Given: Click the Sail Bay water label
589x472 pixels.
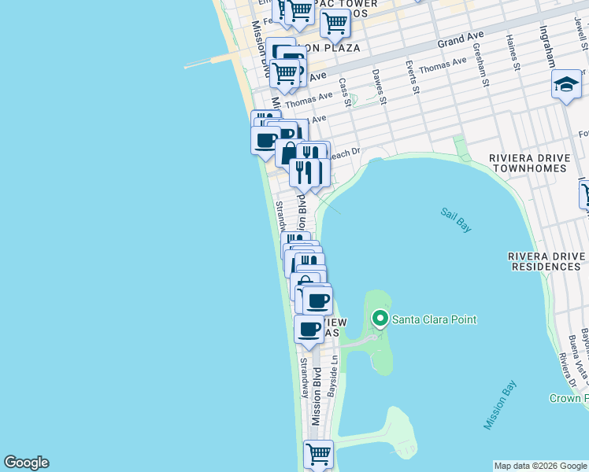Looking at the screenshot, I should click(x=456, y=220).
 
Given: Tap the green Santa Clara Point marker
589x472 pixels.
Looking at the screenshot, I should click(x=380, y=319).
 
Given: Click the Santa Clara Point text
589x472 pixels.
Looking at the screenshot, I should click(x=435, y=319).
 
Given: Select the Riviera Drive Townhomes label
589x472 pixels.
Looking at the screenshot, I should click(x=528, y=163).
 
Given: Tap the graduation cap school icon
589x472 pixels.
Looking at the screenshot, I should click(x=565, y=83).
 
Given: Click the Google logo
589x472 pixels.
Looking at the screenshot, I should click(x=26, y=463).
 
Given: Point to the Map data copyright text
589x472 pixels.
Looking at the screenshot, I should click(x=540, y=466).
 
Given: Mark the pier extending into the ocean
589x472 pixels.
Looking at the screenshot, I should click(x=213, y=61).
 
